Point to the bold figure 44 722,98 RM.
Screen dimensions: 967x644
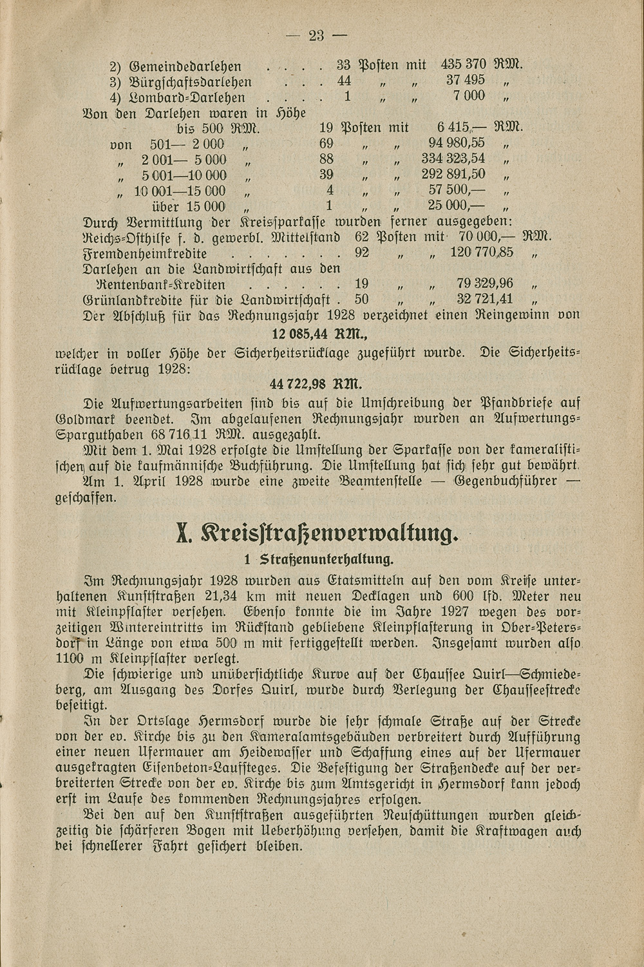coord(317,385)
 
